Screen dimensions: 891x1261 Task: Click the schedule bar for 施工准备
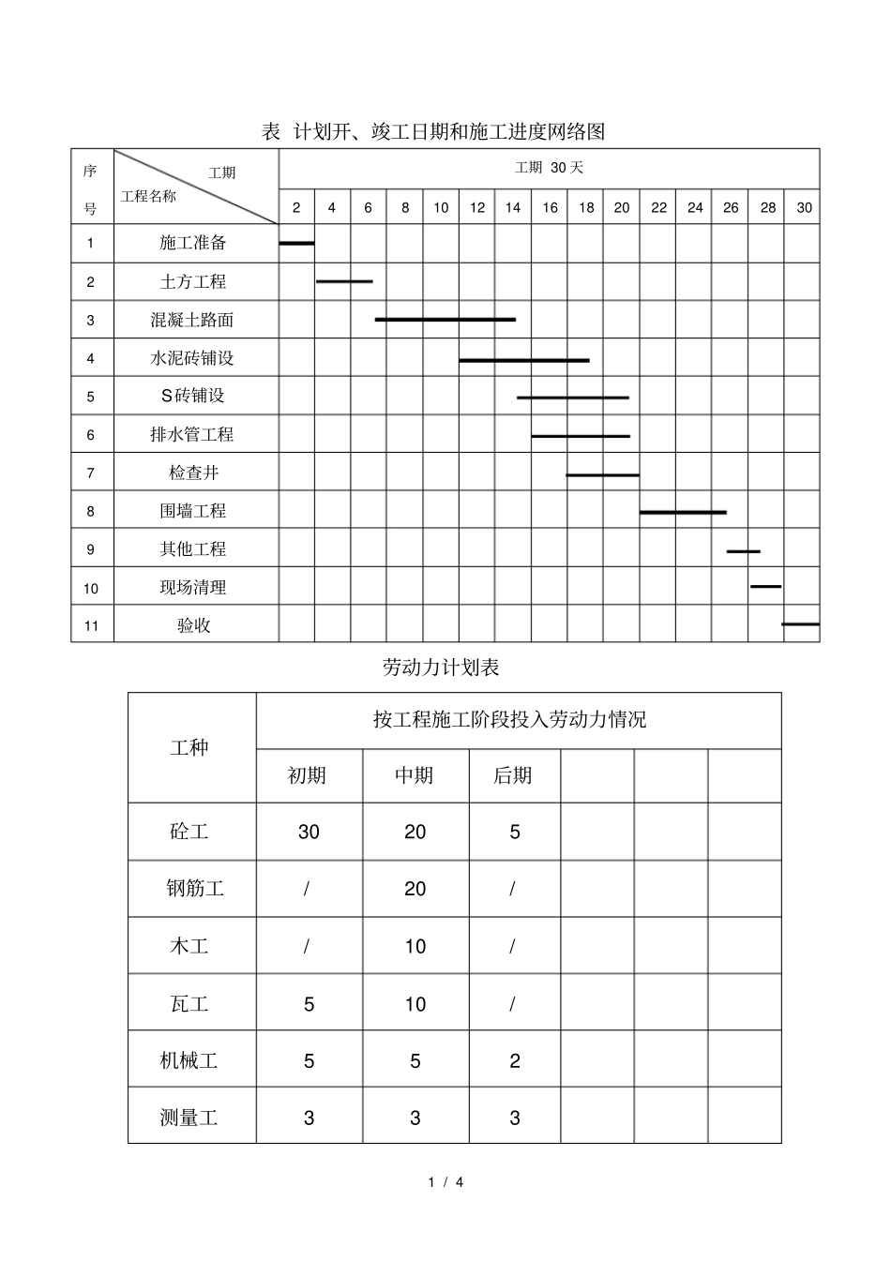296,243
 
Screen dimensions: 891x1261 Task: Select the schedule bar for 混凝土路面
445,320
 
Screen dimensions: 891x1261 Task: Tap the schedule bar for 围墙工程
683,512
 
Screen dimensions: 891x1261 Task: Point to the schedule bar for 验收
800,623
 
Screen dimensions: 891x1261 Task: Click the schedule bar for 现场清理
765,586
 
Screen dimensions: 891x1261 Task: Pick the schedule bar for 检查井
602,475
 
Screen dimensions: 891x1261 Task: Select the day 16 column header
550,207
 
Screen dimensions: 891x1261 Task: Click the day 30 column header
804,207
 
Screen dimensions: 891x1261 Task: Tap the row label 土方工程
193,281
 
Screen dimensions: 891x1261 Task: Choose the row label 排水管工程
192,434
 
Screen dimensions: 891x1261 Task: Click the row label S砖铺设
193,396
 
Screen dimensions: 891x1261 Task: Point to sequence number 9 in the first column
91,549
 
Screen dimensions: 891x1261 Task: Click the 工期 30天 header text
549,168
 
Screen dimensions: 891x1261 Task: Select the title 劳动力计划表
441,668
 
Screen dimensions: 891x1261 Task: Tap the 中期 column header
414,775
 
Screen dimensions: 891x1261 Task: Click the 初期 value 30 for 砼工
309,832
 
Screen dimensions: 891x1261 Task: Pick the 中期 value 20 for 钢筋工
415,889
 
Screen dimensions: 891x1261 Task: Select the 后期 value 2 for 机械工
514,1061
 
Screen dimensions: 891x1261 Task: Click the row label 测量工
189,1118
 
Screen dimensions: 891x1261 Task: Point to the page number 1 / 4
445,1183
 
